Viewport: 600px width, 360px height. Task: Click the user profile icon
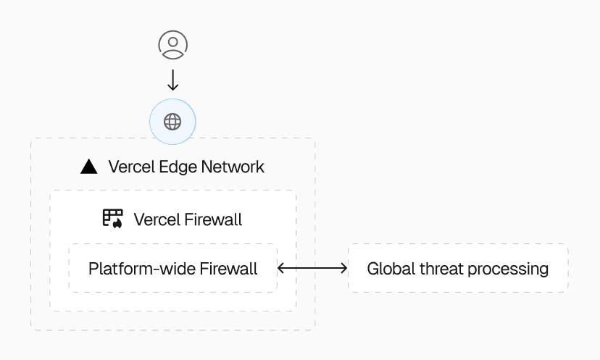[172, 45]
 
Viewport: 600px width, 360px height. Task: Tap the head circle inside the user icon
[172, 41]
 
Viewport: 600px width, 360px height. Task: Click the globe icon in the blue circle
[172, 121]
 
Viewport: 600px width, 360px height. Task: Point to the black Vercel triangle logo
[88, 167]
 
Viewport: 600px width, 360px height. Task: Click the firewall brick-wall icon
[112, 218]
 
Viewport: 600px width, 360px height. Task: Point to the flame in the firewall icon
[117, 223]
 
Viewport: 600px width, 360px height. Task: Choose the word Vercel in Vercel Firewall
[156, 219]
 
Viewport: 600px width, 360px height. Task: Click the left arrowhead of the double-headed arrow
[281, 269]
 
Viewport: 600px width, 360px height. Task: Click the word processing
[508, 269]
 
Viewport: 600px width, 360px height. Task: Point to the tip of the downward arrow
[172, 90]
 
